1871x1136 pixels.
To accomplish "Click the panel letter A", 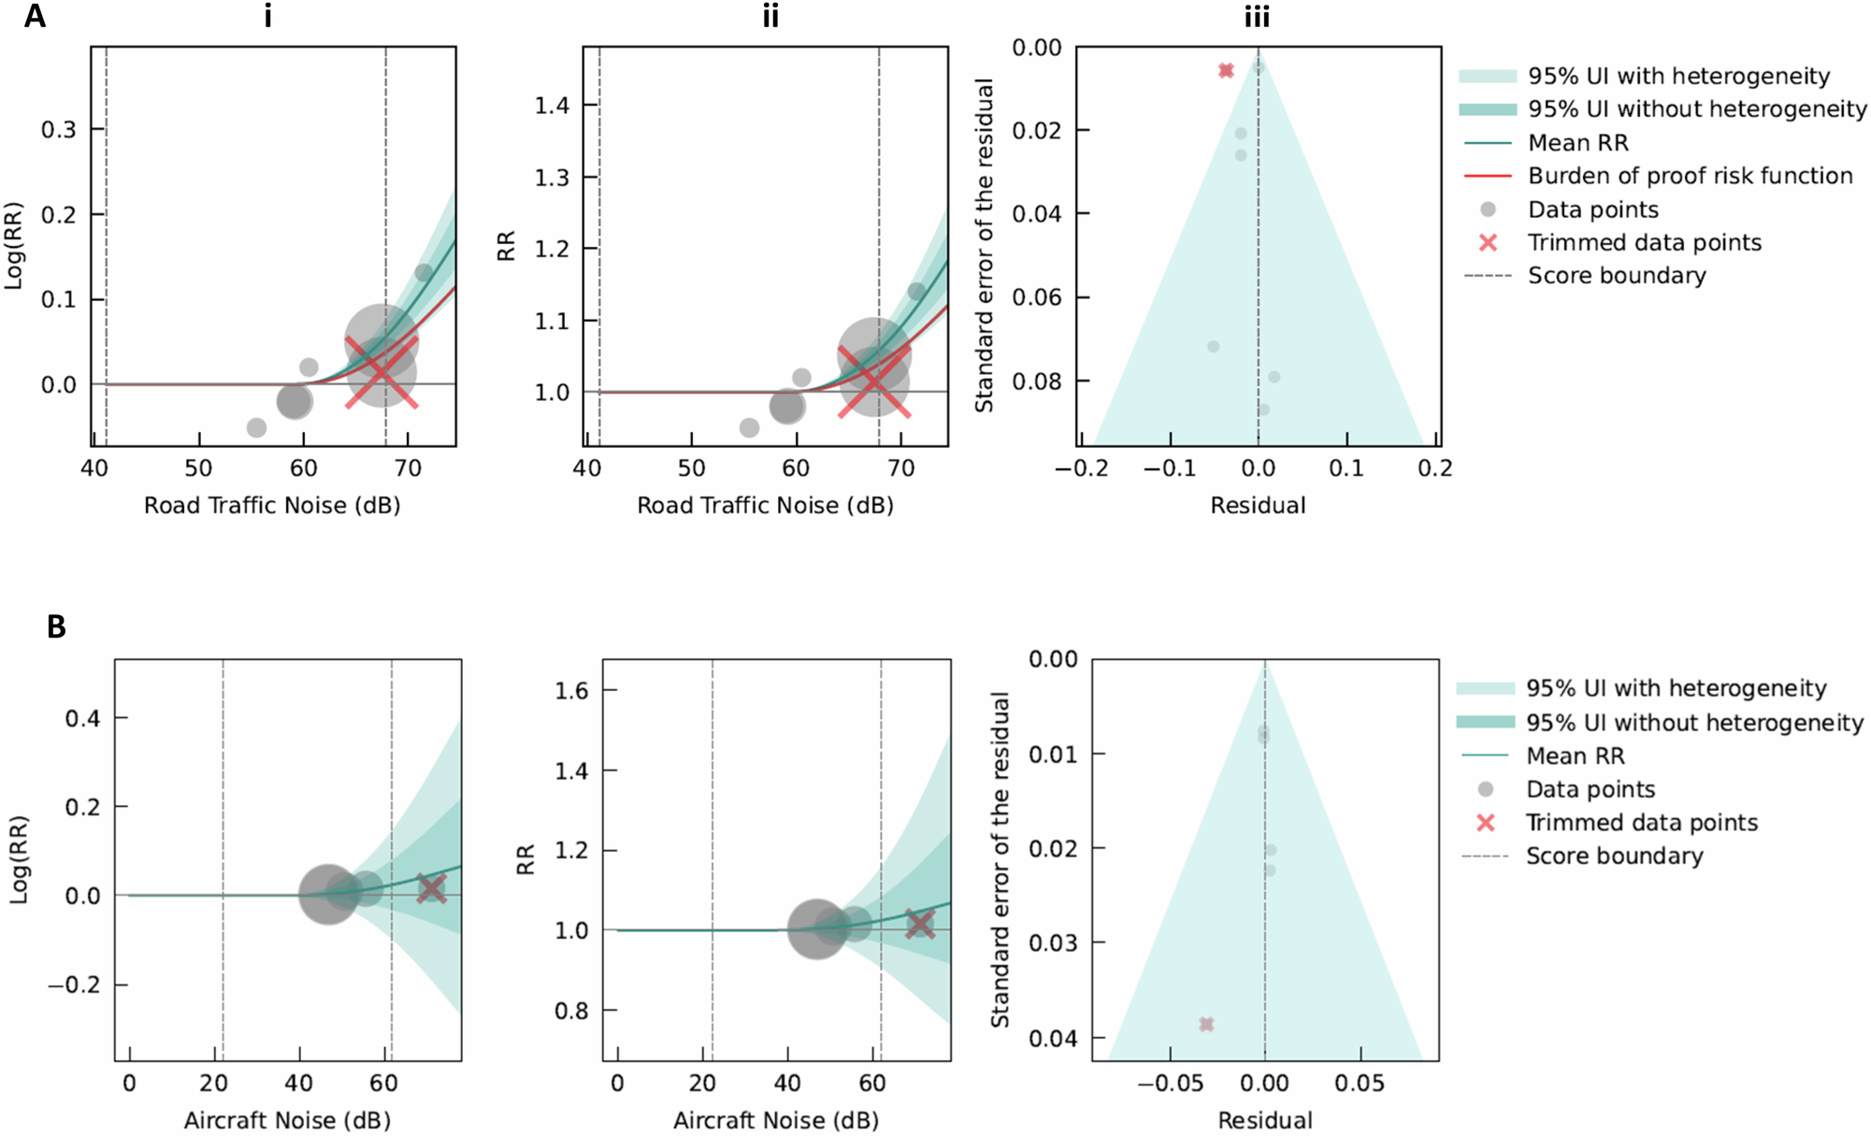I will click(x=34, y=16).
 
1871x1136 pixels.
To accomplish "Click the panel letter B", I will click(x=56, y=626).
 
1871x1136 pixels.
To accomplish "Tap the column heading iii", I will click(x=1257, y=16).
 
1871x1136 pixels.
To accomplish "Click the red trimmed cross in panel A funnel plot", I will click(x=1226, y=70).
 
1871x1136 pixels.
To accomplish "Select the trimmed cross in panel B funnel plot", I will click(x=1206, y=1024).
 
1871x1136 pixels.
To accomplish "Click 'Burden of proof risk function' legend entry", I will click(x=1690, y=176).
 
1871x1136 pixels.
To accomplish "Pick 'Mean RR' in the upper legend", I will click(x=1577, y=143).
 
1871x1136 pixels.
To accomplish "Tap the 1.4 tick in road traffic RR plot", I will click(x=552, y=105).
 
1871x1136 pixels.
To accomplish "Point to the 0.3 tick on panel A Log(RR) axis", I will click(x=58, y=129).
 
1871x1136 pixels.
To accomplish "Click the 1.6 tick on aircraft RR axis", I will click(x=571, y=691).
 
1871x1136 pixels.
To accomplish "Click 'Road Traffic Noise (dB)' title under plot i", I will click(x=272, y=506).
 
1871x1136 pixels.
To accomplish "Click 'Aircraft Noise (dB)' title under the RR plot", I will click(x=776, y=1120).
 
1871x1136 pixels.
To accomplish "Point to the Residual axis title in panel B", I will click(x=1264, y=1120).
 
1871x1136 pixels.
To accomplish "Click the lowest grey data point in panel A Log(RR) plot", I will click(x=256, y=427).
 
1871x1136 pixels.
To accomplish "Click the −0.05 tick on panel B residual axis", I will click(x=1169, y=1083).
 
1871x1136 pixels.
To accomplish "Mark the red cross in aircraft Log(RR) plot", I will click(x=431, y=888).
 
